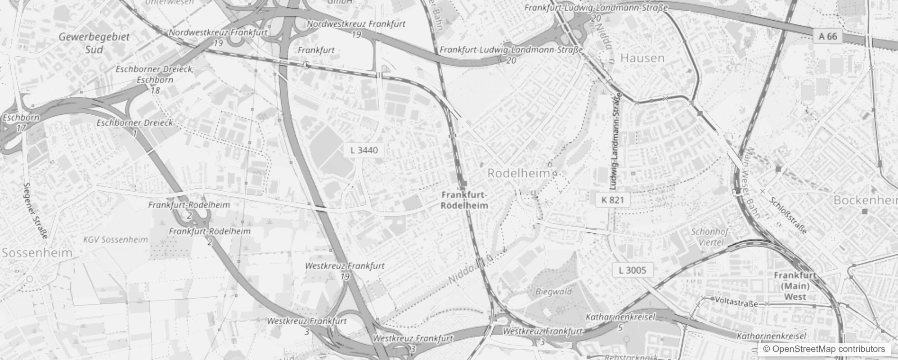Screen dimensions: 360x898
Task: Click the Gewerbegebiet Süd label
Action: click(x=94, y=43)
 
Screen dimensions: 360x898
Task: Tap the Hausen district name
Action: click(x=642, y=58)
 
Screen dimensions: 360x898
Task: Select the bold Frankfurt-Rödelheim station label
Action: click(x=465, y=200)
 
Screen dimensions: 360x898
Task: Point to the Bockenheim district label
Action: click(x=865, y=200)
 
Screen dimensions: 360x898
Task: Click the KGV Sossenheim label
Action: click(x=115, y=239)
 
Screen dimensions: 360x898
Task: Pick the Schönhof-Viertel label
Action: click(x=711, y=237)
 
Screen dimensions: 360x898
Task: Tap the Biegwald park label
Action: click(x=554, y=292)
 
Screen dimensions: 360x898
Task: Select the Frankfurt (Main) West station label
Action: click(x=795, y=286)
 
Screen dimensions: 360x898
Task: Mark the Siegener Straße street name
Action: click(x=36, y=210)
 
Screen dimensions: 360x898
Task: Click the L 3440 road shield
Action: click(x=364, y=150)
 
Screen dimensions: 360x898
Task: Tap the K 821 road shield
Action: click(x=612, y=200)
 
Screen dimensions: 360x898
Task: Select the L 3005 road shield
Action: click(x=632, y=270)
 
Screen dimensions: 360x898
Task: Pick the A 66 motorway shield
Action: click(x=828, y=36)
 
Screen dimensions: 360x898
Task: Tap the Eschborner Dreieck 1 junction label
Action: click(x=135, y=127)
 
